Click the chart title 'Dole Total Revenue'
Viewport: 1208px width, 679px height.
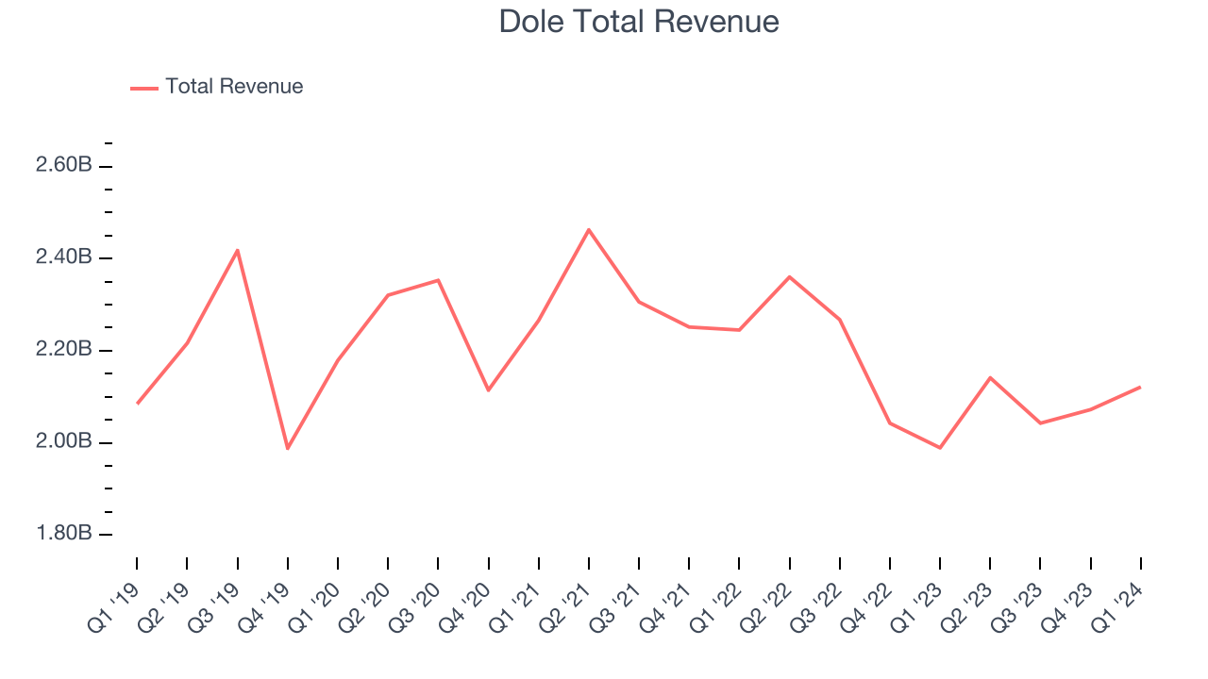[x=639, y=21]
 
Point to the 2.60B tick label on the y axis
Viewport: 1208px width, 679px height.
[x=63, y=165]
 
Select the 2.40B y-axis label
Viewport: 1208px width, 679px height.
[x=63, y=257]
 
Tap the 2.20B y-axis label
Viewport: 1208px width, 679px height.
[x=63, y=350]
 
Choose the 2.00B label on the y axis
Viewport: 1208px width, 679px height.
[x=63, y=442]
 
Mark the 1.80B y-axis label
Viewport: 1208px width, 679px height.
[x=63, y=534]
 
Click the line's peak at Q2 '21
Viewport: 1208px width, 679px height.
[x=589, y=229]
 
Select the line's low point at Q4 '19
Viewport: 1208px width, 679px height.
[x=288, y=449]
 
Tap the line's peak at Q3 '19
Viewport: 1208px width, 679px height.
[x=238, y=250]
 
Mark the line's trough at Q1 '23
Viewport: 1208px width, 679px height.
[x=940, y=448]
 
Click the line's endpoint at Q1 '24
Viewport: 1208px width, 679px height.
[x=1140, y=387]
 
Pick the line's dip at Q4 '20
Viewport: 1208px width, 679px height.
[x=488, y=390]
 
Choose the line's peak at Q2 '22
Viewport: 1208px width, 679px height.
[x=789, y=276]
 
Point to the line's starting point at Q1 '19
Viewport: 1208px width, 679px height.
[x=138, y=404]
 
